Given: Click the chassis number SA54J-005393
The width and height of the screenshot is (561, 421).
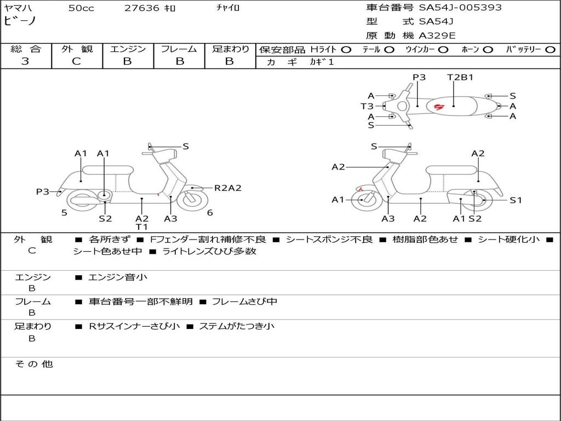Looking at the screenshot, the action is pyautogui.click(x=460, y=8).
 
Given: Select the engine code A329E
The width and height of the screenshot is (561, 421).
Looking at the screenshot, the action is pyautogui.click(x=437, y=36).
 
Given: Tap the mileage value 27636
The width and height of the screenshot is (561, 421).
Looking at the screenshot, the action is pyautogui.click(x=142, y=8).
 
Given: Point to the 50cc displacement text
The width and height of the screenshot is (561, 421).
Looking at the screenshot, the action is pyautogui.click(x=81, y=8).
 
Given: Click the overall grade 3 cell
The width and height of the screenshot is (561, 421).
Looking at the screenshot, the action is pyautogui.click(x=25, y=61).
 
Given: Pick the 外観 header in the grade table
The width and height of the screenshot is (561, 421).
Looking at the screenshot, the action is pyautogui.click(x=77, y=49).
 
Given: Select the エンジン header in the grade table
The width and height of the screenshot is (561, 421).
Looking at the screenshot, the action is pyautogui.click(x=128, y=49).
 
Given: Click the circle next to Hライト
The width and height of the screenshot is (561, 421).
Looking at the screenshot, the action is pyautogui.click(x=346, y=49).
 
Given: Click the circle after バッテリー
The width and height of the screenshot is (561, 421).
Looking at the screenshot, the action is pyautogui.click(x=551, y=49).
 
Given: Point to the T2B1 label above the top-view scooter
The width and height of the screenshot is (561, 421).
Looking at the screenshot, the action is pyautogui.click(x=460, y=77).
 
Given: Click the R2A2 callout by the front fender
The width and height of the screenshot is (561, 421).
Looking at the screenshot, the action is pyautogui.click(x=227, y=188).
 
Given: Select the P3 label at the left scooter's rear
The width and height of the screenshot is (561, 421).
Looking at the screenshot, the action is pyautogui.click(x=43, y=191).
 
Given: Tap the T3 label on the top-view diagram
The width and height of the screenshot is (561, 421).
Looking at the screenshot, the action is pyautogui.click(x=367, y=106).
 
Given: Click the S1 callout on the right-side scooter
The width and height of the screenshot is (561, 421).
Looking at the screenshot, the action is pyautogui.click(x=516, y=200).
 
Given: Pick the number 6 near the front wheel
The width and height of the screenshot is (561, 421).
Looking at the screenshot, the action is pyautogui.click(x=210, y=213).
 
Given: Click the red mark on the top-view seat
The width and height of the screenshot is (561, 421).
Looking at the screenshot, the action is pyautogui.click(x=439, y=106).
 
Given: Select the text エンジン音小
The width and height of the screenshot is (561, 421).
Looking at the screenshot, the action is pyautogui.click(x=118, y=277).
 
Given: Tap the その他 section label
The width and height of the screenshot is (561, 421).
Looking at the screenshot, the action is pyautogui.click(x=34, y=364).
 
